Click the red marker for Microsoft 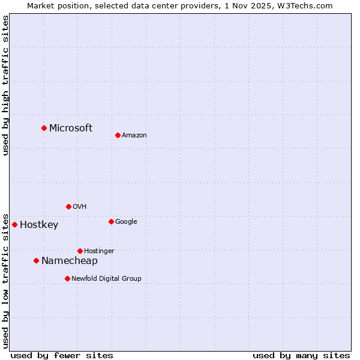[44, 128]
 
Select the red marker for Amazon [118, 135]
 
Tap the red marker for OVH [68, 206]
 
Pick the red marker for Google [111, 221]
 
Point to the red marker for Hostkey [14, 224]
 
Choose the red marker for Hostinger [80, 251]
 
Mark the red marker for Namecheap [36, 260]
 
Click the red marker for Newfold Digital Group [67, 278]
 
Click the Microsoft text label [71, 128]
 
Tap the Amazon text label [134, 135]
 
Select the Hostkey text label [39, 225]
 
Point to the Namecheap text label [70, 260]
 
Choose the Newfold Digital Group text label [106, 278]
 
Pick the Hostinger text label [99, 251]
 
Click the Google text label [126, 221]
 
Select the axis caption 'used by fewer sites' [62, 355]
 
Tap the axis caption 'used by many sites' [301, 355]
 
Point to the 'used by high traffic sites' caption [5, 85]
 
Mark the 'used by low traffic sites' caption [5, 280]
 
